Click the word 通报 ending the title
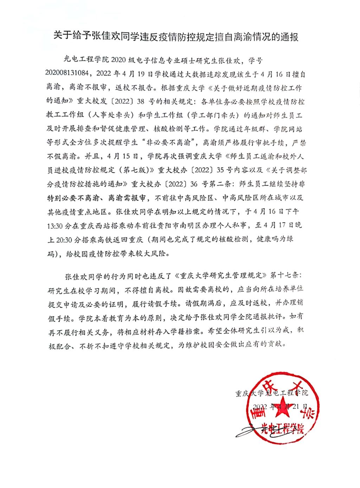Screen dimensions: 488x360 (289, 36)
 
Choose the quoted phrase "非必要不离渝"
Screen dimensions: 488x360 (177, 143)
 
